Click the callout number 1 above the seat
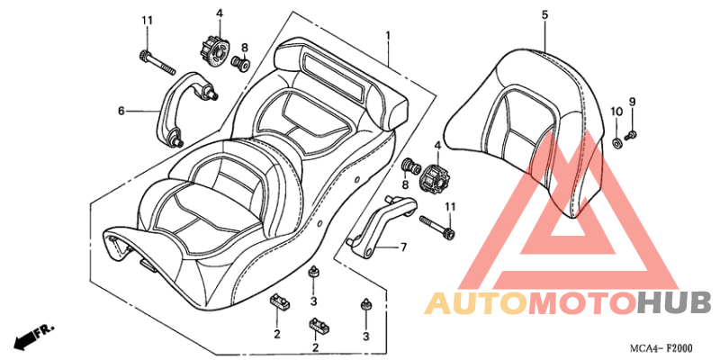click(388, 35)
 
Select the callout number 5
click(544, 14)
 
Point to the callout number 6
click(121, 111)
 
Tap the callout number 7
click(403, 248)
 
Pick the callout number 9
click(633, 102)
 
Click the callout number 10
click(616, 112)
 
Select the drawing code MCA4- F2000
click(661, 347)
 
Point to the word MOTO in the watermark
click(582, 303)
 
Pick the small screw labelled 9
click(631, 135)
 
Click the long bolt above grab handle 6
click(157, 64)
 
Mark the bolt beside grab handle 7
click(437, 227)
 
